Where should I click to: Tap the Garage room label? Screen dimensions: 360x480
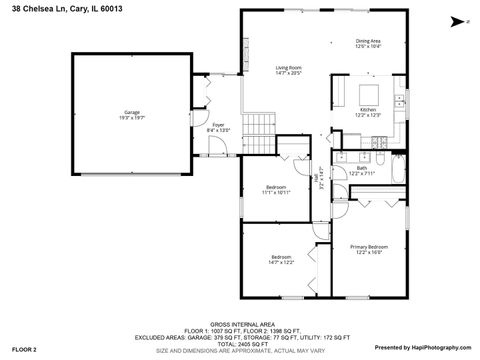pos(132,114)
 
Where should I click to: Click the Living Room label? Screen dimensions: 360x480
pos(289,70)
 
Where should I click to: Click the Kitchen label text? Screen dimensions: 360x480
pos(368,111)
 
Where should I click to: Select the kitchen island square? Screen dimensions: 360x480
pos(367,94)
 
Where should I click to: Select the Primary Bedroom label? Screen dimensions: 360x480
pos(368,248)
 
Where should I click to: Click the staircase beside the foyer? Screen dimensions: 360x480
pos(262,127)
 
